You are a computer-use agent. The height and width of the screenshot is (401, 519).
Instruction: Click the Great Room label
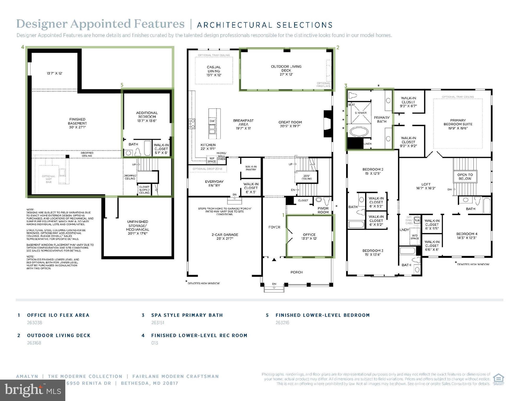pyautogui.click(x=290, y=124)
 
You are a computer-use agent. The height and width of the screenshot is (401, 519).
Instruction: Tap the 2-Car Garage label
pyautogui.click(x=225, y=237)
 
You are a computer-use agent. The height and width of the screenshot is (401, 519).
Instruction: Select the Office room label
pyautogui.click(x=310, y=237)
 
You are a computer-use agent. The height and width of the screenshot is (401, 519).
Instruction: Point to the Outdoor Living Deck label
pyautogui.click(x=286, y=70)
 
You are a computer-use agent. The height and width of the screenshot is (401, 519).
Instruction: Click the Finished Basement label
pyautogui.click(x=77, y=123)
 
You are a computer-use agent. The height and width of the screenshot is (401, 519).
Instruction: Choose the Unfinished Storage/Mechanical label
pyautogui.click(x=138, y=227)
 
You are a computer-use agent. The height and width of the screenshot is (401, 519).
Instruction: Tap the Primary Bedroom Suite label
pyautogui.click(x=458, y=124)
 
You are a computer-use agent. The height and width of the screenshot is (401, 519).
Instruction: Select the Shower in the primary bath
pyautogui.click(x=361, y=113)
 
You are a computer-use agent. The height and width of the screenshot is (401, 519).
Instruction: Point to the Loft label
pyautogui.click(x=426, y=186)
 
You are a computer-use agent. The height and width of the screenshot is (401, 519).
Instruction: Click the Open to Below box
pyautogui.click(x=465, y=177)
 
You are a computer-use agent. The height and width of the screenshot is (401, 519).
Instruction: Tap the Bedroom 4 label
pyautogui.click(x=467, y=236)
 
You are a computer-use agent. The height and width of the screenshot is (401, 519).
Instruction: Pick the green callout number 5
pyautogui.click(x=122, y=85)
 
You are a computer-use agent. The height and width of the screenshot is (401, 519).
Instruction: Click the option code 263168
pyautogui.click(x=34, y=343)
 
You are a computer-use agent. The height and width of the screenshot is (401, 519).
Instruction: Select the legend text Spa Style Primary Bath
pyautogui.click(x=187, y=315)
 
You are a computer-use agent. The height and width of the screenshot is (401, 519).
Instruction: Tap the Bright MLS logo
pyautogui.click(x=33, y=390)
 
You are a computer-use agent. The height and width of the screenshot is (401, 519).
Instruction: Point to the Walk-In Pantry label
pyautogui.click(x=251, y=168)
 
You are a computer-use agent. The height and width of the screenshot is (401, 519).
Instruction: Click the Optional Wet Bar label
pyautogui.click(x=49, y=179)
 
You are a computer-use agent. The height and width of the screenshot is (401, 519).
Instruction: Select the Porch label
pyautogui.click(x=296, y=272)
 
